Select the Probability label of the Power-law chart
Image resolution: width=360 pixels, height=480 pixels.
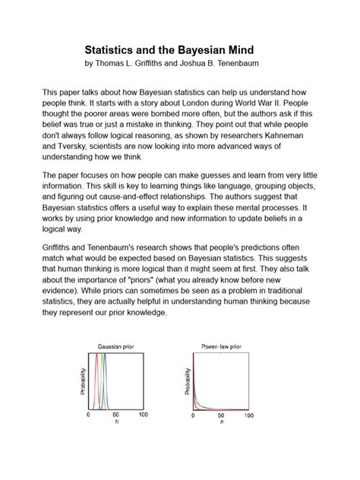click(186, 381)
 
